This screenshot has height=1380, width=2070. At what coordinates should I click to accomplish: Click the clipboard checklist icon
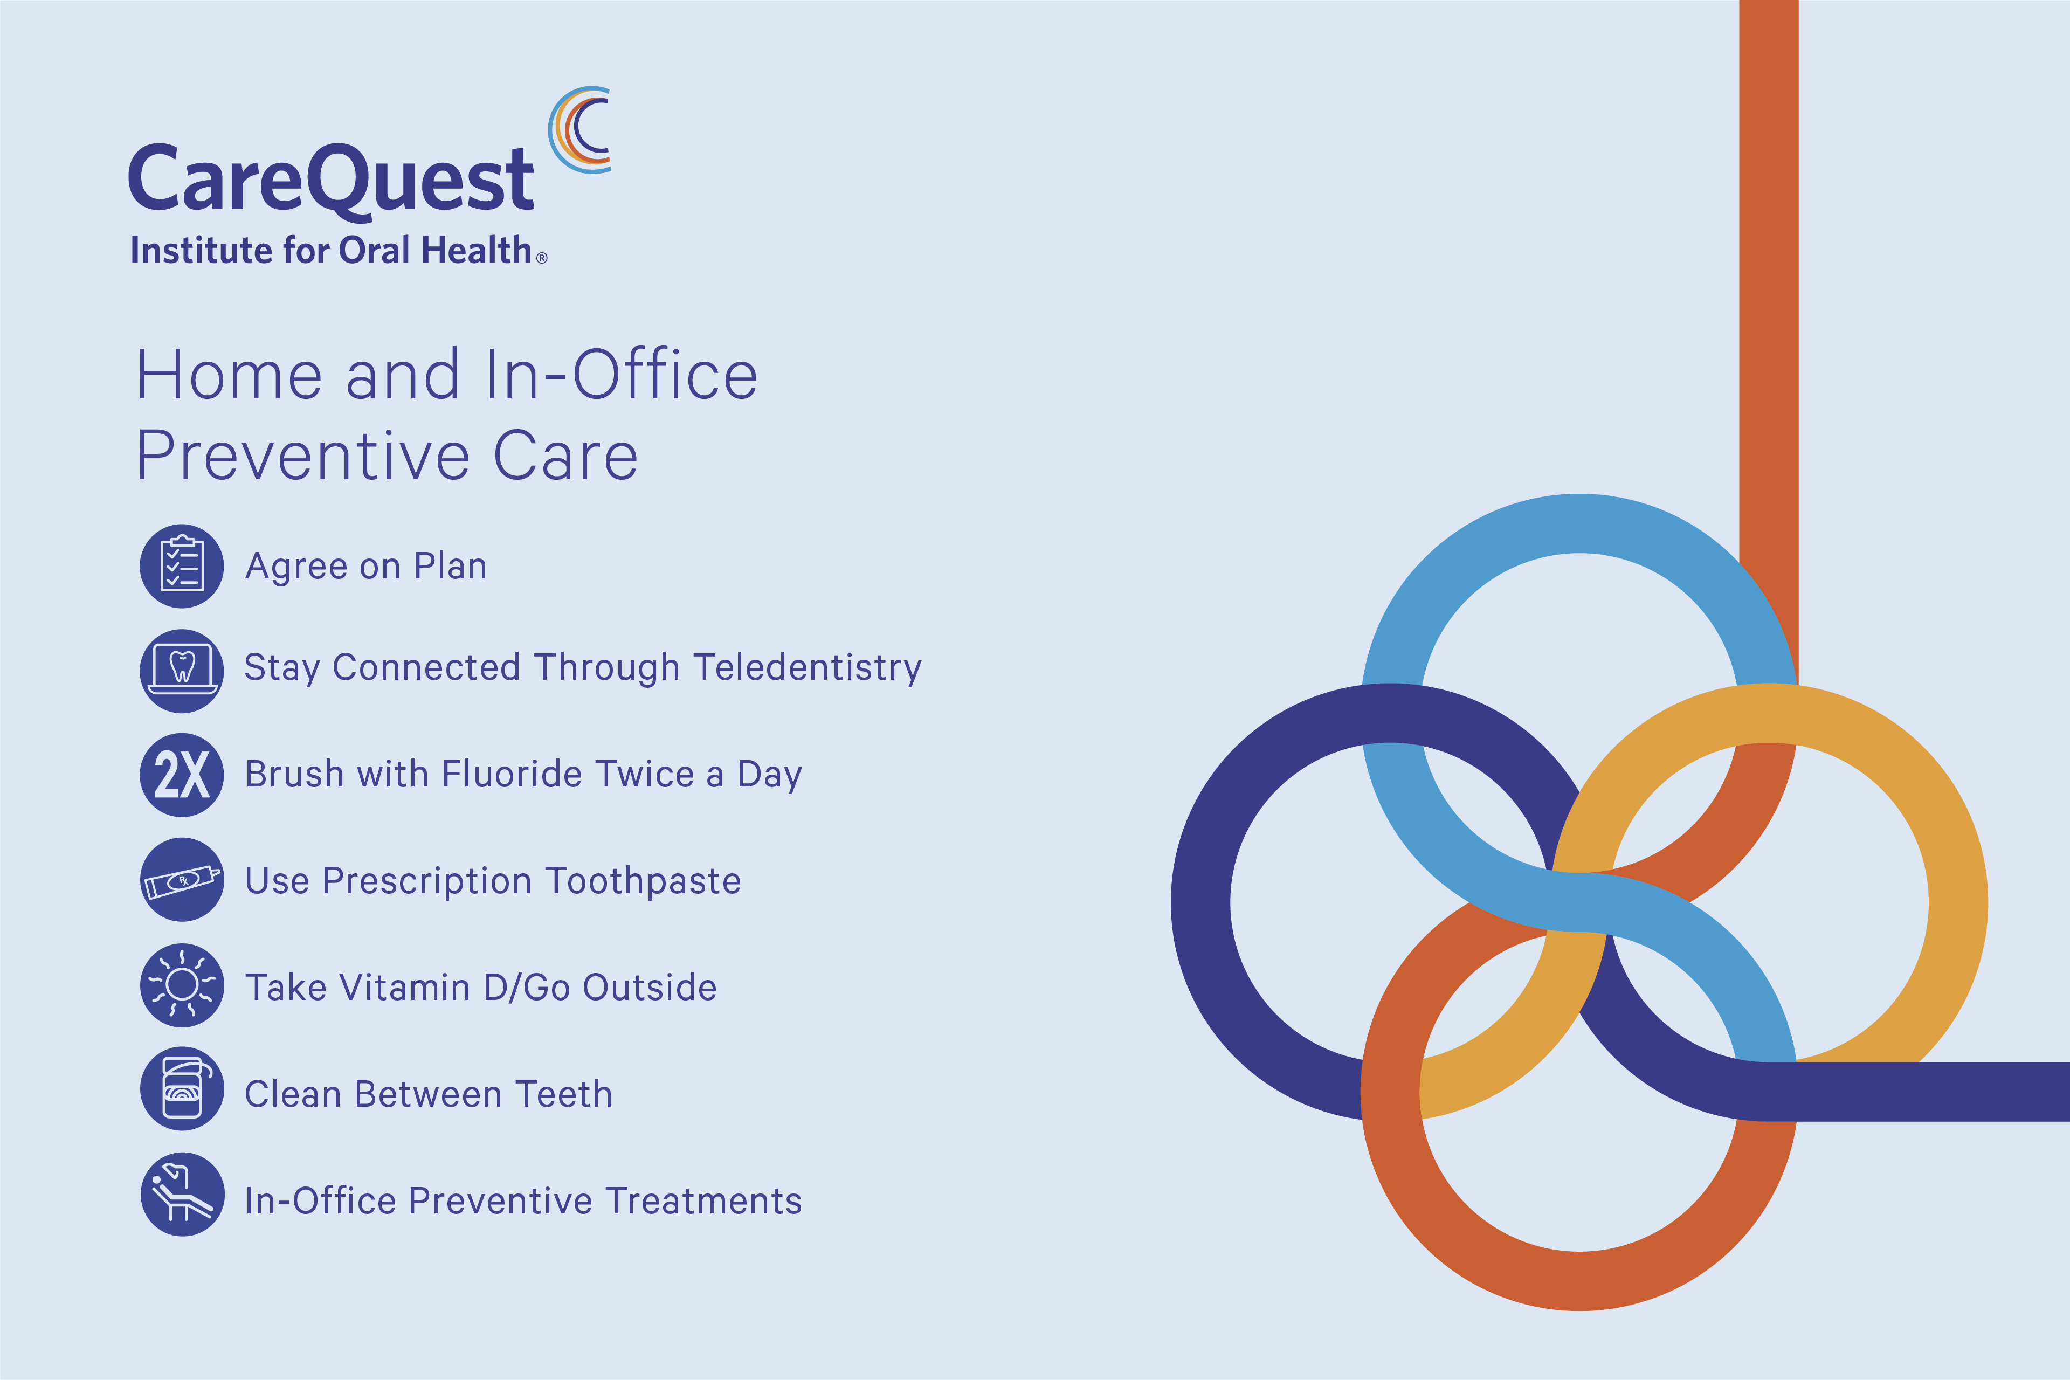click(x=182, y=566)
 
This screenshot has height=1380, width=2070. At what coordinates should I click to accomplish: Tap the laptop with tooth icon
click(x=182, y=671)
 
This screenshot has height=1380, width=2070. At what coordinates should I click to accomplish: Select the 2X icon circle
click(x=182, y=775)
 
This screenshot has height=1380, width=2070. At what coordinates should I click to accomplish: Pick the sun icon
click(x=182, y=985)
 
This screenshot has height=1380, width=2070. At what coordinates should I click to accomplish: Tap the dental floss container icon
click(x=182, y=1089)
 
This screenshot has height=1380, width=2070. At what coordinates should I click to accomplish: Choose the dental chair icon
click(x=182, y=1195)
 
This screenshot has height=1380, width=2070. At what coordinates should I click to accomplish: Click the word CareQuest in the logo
click(x=331, y=181)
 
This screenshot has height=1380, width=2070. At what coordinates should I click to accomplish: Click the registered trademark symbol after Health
click(x=542, y=258)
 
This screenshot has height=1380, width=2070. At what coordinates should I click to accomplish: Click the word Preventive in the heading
click(x=303, y=456)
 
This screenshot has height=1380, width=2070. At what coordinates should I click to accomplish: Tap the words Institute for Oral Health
click(x=331, y=250)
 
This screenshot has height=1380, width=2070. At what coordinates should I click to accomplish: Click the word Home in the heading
click(x=230, y=375)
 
